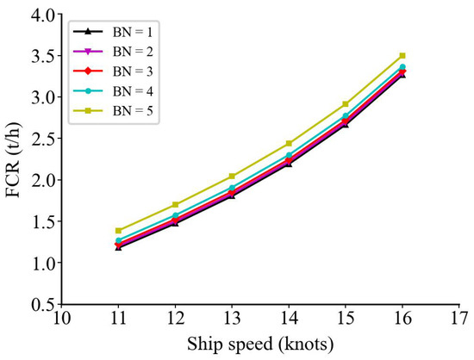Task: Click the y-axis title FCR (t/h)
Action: tap(15, 158)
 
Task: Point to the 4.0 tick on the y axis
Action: tap(41, 15)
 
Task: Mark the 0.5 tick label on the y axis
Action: tap(41, 304)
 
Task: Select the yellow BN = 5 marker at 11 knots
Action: tap(118, 231)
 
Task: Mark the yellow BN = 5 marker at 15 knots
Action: tap(346, 104)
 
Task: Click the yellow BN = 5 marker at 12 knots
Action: tap(175, 205)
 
